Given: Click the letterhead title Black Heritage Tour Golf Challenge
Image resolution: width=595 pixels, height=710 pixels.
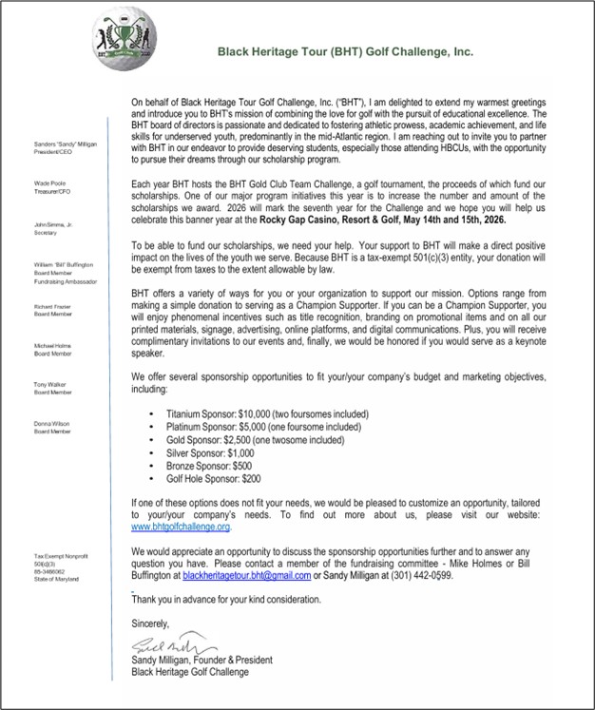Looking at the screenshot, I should pos(346,52).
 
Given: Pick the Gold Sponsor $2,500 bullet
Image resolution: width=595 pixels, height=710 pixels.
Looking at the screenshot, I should pos(254,441).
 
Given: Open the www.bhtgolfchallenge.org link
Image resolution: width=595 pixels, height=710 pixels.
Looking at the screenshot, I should pos(181,526).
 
